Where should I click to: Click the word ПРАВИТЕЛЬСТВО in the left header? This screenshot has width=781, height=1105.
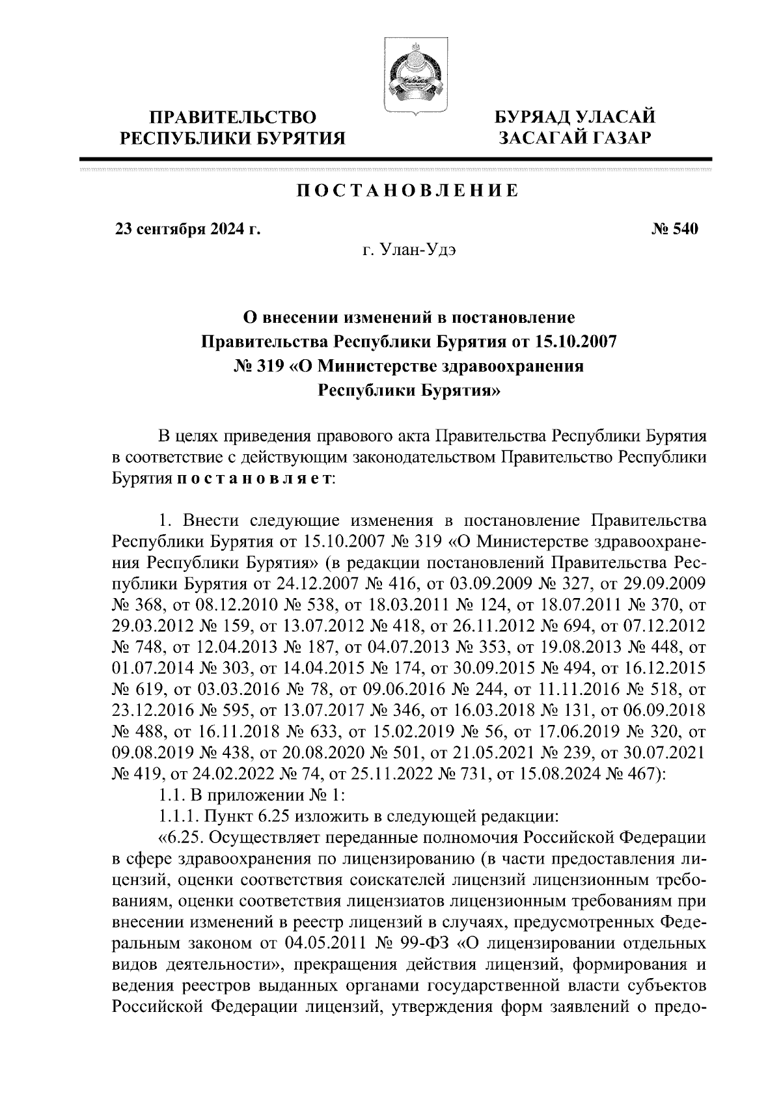[234, 118]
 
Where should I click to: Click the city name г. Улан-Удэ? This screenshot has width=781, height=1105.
[409, 250]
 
